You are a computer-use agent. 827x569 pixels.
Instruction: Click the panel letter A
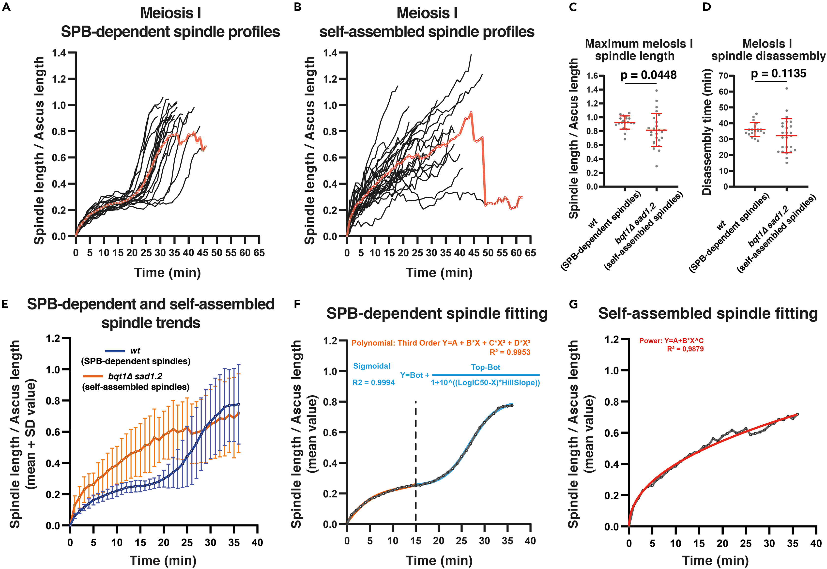click(x=6, y=7)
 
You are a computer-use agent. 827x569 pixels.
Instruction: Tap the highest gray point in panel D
click(x=786, y=88)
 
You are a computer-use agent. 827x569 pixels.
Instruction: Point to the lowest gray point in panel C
click(x=656, y=166)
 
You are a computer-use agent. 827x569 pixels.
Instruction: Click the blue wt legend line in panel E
click(x=115, y=351)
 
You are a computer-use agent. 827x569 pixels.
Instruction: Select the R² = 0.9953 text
click(x=510, y=352)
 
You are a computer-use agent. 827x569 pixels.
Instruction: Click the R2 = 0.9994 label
click(x=373, y=383)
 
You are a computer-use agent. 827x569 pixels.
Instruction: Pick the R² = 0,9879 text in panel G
click(x=685, y=349)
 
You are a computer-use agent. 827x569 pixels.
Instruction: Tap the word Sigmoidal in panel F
click(x=371, y=366)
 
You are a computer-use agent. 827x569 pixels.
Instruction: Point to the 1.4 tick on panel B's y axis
click(x=330, y=53)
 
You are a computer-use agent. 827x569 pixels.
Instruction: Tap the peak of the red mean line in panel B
click(x=471, y=113)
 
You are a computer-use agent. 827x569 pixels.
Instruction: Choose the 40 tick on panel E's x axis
click(x=257, y=543)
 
